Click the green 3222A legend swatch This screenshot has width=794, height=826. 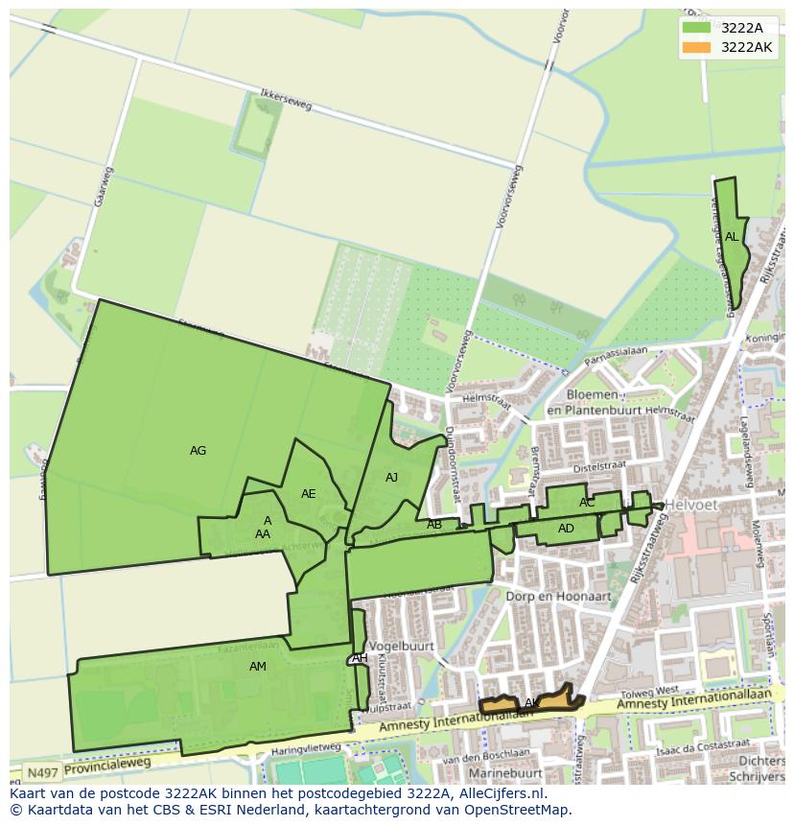[x=696, y=28]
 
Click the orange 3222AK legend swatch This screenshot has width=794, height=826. [x=696, y=47]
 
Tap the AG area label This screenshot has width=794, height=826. [x=198, y=451]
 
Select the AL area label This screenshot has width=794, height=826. [x=732, y=237]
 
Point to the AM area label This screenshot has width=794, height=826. [x=258, y=667]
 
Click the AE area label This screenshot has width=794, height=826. [x=308, y=494]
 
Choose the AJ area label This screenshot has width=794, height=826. [x=391, y=478]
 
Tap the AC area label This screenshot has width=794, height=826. [x=587, y=503]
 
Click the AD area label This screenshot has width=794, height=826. [x=566, y=529]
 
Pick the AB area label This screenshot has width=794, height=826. [x=434, y=525]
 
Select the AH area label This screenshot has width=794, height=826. [x=360, y=658]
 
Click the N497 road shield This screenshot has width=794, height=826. [x=40, y=772]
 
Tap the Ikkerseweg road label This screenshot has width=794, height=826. [x=286, y=101]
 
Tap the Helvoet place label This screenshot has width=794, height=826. [x=686, y=505]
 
